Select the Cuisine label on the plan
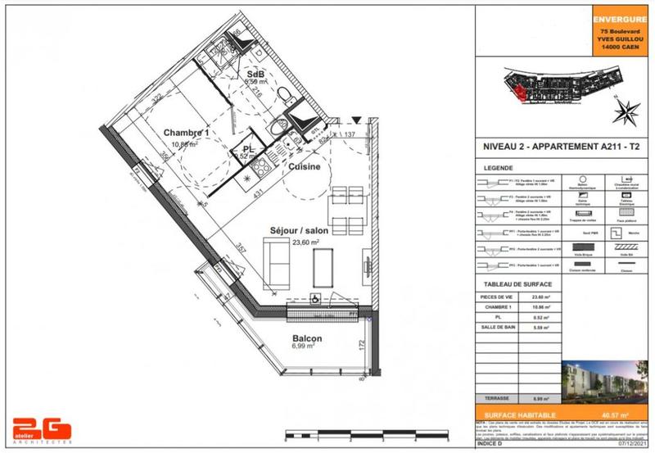[x=303, y=167]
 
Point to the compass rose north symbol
[x=628, y=111]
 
